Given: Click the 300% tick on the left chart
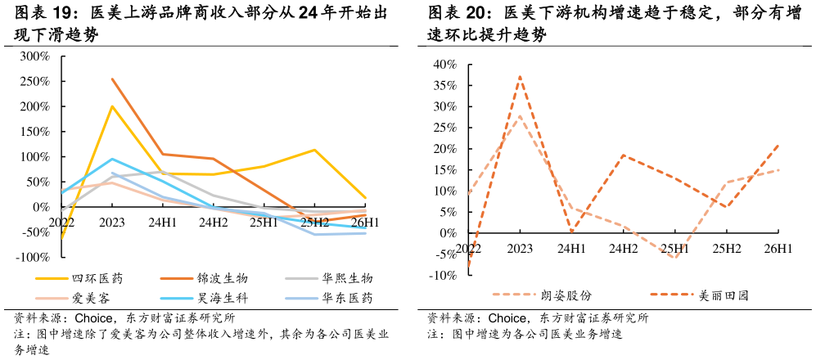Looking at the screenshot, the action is pyautogui.click(x=34, y=56).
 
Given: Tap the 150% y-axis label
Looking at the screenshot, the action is pyautogui.click(x=34, y=132).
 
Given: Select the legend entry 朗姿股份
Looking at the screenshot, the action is pyautogui.click(x=541, y=296).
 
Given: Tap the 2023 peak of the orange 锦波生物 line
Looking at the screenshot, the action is pyautogui.click(x=112, y=79).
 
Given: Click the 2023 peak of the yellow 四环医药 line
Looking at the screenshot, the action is pyautogui.click(x=112, y=106).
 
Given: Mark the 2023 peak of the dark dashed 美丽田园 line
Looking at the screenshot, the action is pyautogui.click(x=520, y=76).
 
